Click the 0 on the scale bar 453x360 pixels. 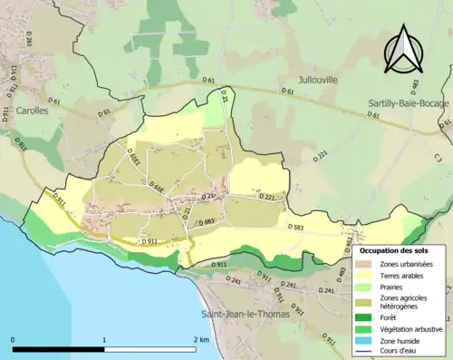click(13, 339)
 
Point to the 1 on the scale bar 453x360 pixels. click(104, 339)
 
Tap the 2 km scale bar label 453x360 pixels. click(201, 339)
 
